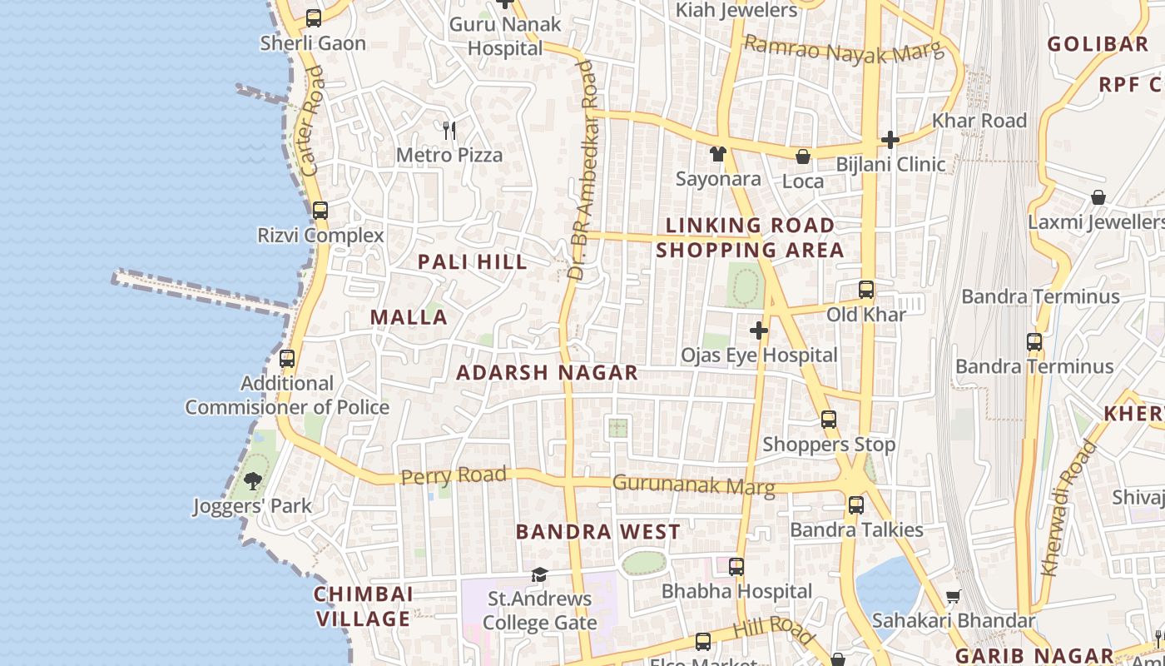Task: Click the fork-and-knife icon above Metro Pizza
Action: click(449, 130)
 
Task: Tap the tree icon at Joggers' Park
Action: click(253, 480)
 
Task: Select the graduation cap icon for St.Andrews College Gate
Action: click(539, 574)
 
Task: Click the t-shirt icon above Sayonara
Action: click(718, 153)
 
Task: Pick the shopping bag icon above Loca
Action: click(803, 156)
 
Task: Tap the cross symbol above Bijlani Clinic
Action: click(890, 139)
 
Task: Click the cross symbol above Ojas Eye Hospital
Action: click(759, 331)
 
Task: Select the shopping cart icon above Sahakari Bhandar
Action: click(953, 596)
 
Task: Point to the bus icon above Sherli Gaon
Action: click(314, 17)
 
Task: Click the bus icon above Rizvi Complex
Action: click(320, 211)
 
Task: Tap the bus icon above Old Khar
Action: click(866, 290)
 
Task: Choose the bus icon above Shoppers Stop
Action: click(829, 420)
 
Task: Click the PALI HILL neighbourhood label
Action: click(473, 261)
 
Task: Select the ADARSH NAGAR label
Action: click(548, 372)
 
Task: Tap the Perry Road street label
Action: click(454, 476)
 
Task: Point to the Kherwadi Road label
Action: click(1069, 508)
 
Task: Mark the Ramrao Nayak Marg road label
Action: click(844, 49)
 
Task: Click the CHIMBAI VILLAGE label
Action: click(364, 606)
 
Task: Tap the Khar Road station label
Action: click(979, 120)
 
